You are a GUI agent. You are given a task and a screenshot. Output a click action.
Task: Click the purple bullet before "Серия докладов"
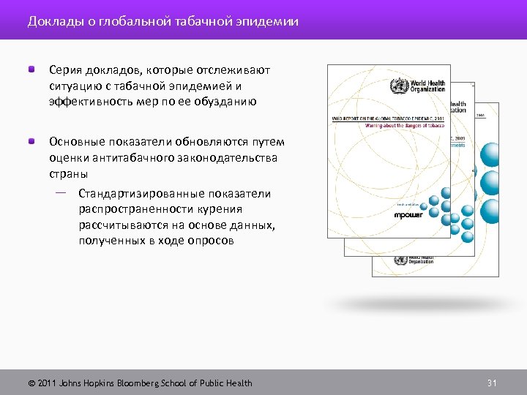[32, 70]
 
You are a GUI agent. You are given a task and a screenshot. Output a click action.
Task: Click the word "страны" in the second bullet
[69, 174]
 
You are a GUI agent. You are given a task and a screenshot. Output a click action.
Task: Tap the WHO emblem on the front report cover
[399, 85]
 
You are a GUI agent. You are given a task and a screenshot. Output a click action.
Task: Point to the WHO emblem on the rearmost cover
[400, 260]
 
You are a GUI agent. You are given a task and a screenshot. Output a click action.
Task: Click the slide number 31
[492, 383]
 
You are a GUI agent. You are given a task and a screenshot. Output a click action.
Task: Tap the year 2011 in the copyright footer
[46, 383]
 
